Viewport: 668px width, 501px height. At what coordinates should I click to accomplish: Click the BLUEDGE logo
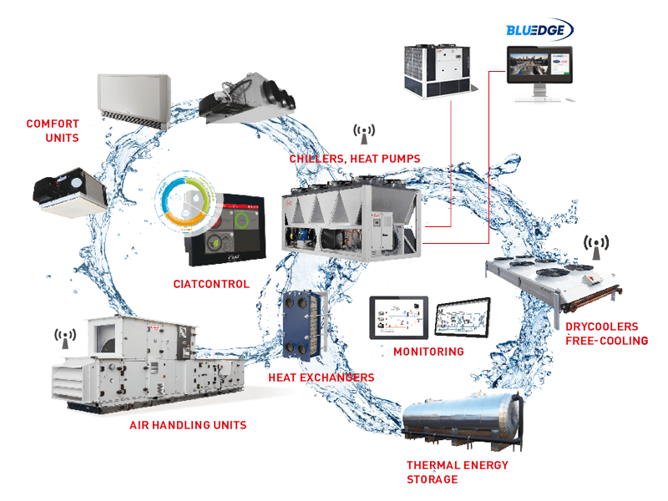coord(539,29)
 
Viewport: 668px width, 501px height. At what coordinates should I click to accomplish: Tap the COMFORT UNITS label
coord(53,131)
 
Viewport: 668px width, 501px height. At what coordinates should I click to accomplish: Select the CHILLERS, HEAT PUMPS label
coord(355,159)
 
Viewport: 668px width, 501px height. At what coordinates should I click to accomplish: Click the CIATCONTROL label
coord(211,284)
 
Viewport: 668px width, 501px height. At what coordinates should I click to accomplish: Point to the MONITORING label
coord(428,352)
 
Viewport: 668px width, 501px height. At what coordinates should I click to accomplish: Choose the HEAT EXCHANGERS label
coord(321,377)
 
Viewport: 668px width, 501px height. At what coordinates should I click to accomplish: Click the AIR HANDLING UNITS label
coord(188,425)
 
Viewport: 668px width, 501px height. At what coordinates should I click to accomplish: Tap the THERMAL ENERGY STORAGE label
coord(458,472)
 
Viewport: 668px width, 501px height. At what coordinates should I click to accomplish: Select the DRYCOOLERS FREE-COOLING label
coord(607,333)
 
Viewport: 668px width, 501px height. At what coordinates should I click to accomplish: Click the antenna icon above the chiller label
coord(364,134)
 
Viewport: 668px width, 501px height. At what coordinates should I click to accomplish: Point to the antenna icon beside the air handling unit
coord(65,339)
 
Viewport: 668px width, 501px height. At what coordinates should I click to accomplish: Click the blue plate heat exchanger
coord(303,325)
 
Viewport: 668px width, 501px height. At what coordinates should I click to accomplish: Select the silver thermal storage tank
coord(463,421)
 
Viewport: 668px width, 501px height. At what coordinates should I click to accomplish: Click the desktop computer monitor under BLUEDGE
coord(540,73)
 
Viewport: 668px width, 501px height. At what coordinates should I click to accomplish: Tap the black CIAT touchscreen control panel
coord(225,230)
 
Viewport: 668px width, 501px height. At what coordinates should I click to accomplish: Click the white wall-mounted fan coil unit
coord(134,100)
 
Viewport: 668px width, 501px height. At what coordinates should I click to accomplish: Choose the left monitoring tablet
coord(399,318)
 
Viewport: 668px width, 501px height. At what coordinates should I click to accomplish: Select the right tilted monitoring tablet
coord(463,317)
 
